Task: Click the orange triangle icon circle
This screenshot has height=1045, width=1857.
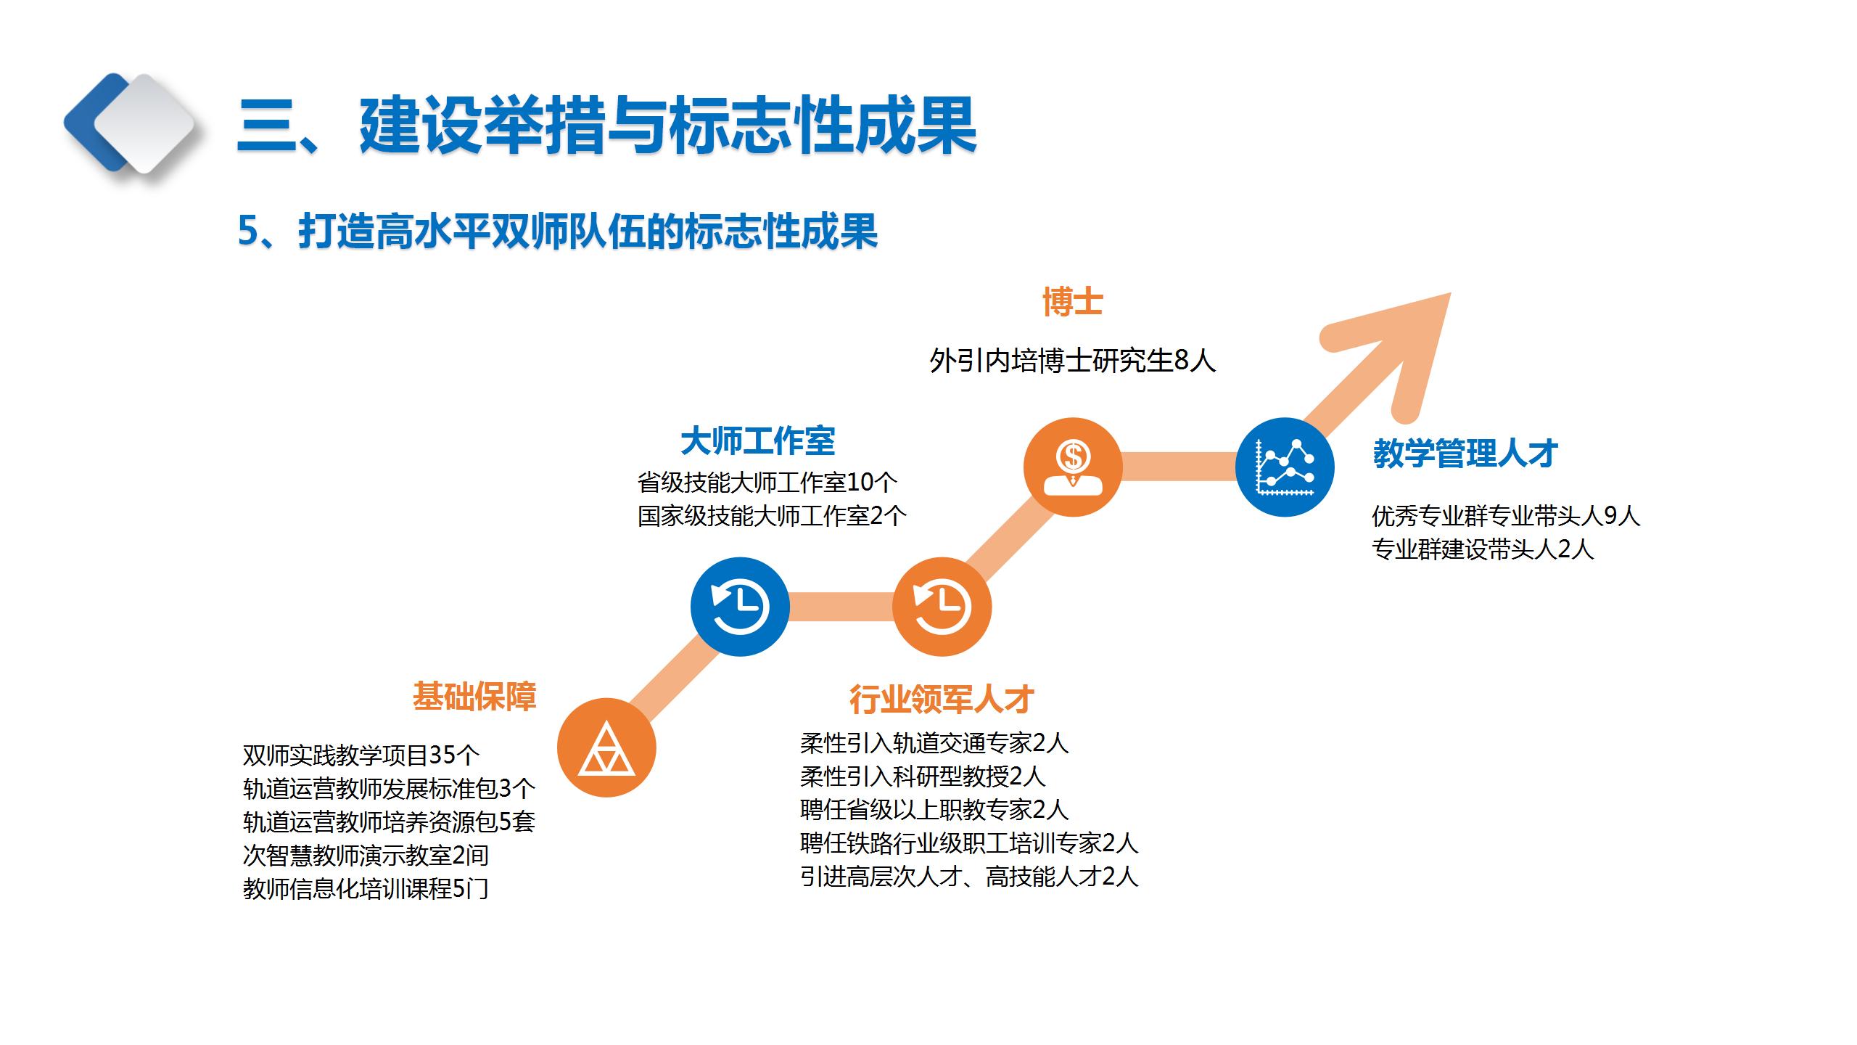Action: coord(606,747)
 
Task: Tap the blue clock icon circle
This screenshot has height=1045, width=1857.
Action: coord(739,606)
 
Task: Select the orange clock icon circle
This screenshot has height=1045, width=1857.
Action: coord(942,606)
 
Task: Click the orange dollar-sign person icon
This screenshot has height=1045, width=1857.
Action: coord(1073,467)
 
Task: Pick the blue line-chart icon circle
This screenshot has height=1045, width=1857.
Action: coord(1285,467)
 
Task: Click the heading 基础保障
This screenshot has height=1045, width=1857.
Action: coord(474,696)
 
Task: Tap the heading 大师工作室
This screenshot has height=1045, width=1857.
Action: coord(757,440)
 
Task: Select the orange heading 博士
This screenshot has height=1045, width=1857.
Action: coord(1072,302)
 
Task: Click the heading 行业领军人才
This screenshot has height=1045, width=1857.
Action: coord(942,699)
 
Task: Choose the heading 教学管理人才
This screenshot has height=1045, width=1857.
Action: coord(1465,454)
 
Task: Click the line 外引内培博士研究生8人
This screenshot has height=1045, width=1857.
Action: coord(1072,361)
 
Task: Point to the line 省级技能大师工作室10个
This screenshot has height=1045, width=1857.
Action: coord(767,482)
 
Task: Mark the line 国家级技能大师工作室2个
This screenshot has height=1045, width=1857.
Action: coord(772,516)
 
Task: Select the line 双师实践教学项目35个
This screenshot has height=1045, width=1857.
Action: coord(361,755)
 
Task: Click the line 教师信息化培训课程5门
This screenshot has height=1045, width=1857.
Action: coord(366,889)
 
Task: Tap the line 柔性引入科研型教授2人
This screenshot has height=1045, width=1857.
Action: coord(922,776)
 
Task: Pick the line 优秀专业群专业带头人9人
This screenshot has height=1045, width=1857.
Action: coord(1505,516)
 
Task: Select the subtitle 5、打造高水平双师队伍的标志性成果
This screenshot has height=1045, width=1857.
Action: coord(557,231)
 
